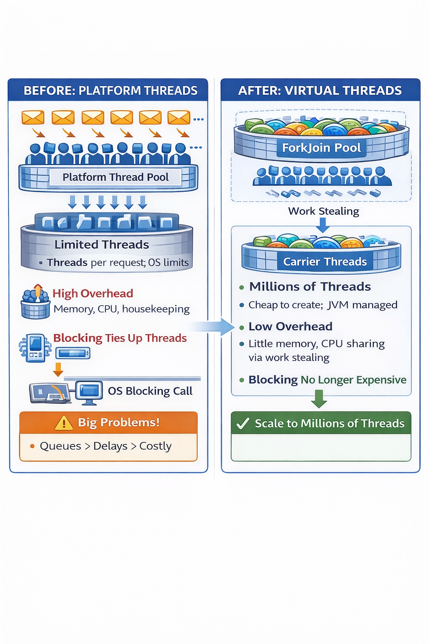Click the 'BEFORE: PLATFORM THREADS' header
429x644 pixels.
point(110,91)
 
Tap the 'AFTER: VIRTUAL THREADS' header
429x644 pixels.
point(320,91)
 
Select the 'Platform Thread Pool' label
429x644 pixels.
point(116,177)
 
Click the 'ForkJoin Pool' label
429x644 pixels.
point(321,148)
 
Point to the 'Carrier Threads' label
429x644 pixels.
point(325,262)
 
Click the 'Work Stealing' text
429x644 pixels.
point(323,211)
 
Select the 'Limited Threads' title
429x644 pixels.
point(102,244)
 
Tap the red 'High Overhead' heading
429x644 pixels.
point(93,293)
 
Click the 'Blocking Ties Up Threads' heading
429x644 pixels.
point(120,338)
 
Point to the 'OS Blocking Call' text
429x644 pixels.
point(150,391)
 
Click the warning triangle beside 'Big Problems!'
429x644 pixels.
point(64,423)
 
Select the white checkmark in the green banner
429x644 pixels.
point(243,423)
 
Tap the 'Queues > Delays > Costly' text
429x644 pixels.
point(106,446)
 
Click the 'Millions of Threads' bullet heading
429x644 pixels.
point(310,287)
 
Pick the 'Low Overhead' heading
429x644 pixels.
point(290,327)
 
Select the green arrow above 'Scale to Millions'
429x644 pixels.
point(319,399)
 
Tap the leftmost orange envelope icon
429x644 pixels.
point(33,118)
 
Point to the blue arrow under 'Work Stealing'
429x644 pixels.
point(323,225)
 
